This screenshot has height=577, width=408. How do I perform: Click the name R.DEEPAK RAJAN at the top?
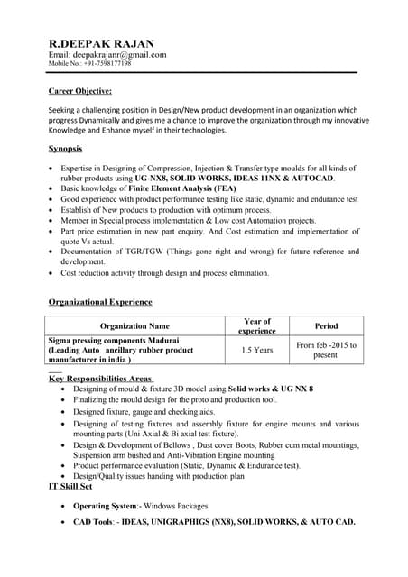coord(100,43)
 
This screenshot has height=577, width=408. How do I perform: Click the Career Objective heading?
coord(80,91)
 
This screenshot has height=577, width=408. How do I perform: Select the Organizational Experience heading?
coord(100,301)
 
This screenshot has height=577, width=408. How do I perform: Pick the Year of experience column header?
coord(257,325)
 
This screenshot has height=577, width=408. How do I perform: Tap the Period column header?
coord(326,325)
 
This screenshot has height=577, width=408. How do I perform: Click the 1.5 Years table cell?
coord(257,350)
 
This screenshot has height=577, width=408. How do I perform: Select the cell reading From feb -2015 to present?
coord(326,350)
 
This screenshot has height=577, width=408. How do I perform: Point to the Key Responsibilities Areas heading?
coord(100,379)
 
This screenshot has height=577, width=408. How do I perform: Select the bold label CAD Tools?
coord(93,522)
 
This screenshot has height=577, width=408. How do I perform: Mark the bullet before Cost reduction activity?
coord(51,272)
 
